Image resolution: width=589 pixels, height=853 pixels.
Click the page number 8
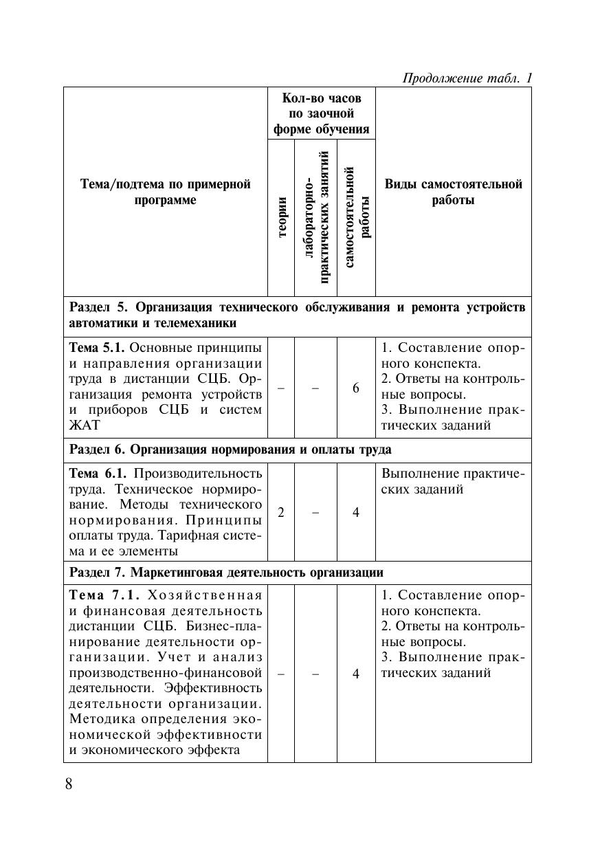click(69, 784)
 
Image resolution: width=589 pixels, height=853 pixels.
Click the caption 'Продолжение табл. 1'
click(467, 78)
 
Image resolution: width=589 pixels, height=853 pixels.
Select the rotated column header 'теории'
click(282, 217)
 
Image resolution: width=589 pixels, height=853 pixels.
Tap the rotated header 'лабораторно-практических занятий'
click(316, 217)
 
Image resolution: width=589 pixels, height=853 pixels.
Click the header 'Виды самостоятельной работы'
click(453, 192)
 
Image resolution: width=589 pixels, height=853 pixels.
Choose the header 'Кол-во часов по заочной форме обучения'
click(321, 113)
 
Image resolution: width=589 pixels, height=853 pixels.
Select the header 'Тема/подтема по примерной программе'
click(166, 192)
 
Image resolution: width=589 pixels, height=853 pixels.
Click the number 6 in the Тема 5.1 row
click(356, 388)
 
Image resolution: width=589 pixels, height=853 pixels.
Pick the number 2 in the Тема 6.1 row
click(281, 512)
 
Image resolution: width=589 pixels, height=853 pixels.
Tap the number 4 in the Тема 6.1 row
click(356, 512)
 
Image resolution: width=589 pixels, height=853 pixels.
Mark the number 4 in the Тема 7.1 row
click(356, 674)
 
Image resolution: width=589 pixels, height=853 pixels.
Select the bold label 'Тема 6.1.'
click(97, 473)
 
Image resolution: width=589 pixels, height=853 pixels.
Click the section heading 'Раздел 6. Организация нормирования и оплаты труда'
click(230, 450)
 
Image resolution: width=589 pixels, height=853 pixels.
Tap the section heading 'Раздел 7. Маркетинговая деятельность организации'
click(226, 573)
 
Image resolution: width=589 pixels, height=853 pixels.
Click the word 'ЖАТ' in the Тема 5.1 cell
click(84, 425)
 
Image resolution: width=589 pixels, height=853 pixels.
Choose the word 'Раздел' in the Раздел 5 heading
click(90, 307)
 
